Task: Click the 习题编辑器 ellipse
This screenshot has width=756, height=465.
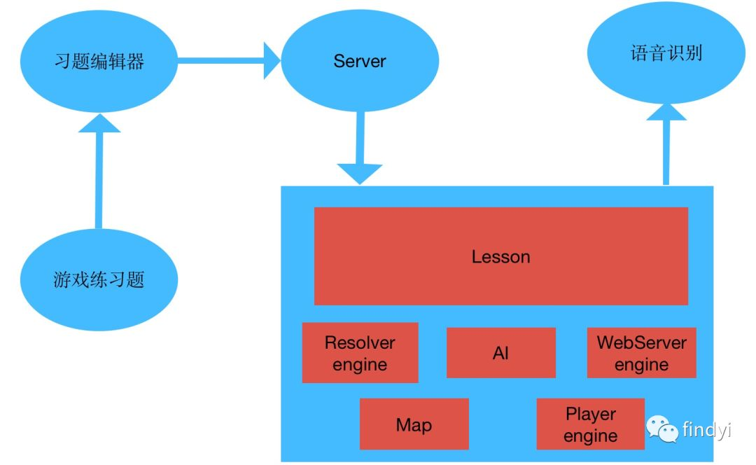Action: [x=99, y=62]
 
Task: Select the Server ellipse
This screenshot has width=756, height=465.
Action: [x=360, y=61]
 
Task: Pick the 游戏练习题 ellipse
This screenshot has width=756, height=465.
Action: [x=99, y=280]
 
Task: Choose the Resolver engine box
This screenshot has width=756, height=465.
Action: [x=360, y=353]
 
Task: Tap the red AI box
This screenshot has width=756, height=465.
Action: [x=500, y=353]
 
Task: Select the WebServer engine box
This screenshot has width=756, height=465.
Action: [x=641, y=353]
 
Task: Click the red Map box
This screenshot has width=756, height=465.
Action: [x=414, y=424]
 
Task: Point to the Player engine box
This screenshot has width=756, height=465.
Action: [x=590, y=424]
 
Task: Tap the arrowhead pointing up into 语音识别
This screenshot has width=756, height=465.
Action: [x=666, y=112]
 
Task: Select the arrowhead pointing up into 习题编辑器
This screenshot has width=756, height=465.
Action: [x=99, y=123]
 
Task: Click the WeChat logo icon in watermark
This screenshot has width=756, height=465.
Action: [x=661, y=428]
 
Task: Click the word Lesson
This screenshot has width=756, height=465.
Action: [x=500, y=257]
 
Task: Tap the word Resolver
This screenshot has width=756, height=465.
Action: [x=360, y=342]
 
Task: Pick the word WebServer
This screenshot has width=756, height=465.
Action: [x=641, y=342]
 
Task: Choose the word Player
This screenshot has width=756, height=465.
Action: [x=590, y=414]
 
